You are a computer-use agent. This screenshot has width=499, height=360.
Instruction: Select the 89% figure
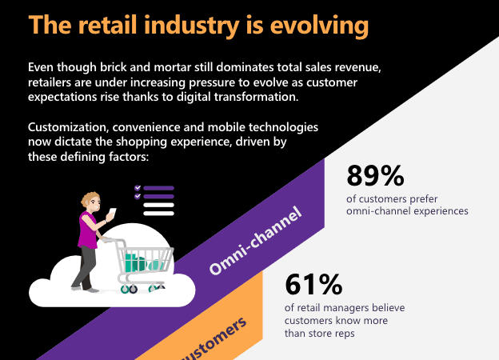376,175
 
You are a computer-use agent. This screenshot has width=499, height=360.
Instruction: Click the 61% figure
313,284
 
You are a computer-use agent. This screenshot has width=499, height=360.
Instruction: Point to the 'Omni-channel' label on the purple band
257,241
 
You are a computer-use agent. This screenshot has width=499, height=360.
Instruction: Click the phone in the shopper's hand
111,214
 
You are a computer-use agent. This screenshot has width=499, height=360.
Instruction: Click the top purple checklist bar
158,189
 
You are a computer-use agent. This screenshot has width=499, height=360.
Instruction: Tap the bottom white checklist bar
158,213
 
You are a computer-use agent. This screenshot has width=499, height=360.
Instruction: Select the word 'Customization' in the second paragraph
69,128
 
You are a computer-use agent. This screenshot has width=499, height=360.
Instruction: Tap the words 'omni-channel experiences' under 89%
407,211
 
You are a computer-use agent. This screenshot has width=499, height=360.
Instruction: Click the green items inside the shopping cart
136,262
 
